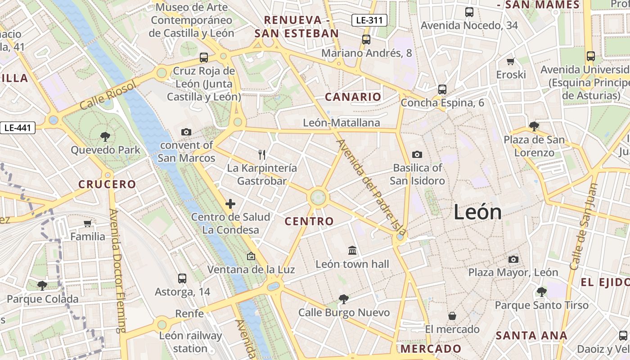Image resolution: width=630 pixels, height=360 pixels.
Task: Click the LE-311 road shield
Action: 369,20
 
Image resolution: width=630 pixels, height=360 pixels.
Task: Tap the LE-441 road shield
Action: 18,128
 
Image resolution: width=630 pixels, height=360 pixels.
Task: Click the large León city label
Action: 477,212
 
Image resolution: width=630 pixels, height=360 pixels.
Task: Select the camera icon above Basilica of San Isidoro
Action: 417,154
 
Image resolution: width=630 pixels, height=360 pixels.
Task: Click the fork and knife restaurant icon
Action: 262,155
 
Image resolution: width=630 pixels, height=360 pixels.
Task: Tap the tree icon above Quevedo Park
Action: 105,136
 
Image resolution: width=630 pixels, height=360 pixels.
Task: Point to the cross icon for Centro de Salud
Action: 230,204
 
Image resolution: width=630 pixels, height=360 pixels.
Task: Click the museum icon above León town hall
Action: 352,250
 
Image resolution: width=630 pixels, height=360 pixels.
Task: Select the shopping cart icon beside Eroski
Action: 511,61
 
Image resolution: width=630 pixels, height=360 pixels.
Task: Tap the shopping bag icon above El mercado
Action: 452,316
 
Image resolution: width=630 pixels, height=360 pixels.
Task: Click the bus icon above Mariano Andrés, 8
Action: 366,39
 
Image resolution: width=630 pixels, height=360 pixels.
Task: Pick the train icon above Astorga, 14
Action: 182,278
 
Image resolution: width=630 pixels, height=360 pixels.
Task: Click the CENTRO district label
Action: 309,221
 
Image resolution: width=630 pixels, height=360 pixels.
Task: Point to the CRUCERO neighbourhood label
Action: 107,184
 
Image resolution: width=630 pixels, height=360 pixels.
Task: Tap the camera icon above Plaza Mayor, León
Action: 513,259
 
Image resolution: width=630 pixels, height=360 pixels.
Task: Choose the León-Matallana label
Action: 342,122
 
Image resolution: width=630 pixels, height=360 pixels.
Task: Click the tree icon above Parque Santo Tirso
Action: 542,292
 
